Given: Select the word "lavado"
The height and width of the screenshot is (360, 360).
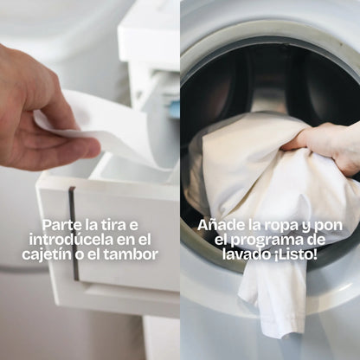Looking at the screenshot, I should pyautogui.click(x=244, y=254).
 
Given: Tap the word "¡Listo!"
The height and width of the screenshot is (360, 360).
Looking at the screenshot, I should pyautogui.click(x=293, y=254).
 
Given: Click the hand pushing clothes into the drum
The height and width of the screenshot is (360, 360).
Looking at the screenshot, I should pyautogui.click(x=329, y=143).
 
